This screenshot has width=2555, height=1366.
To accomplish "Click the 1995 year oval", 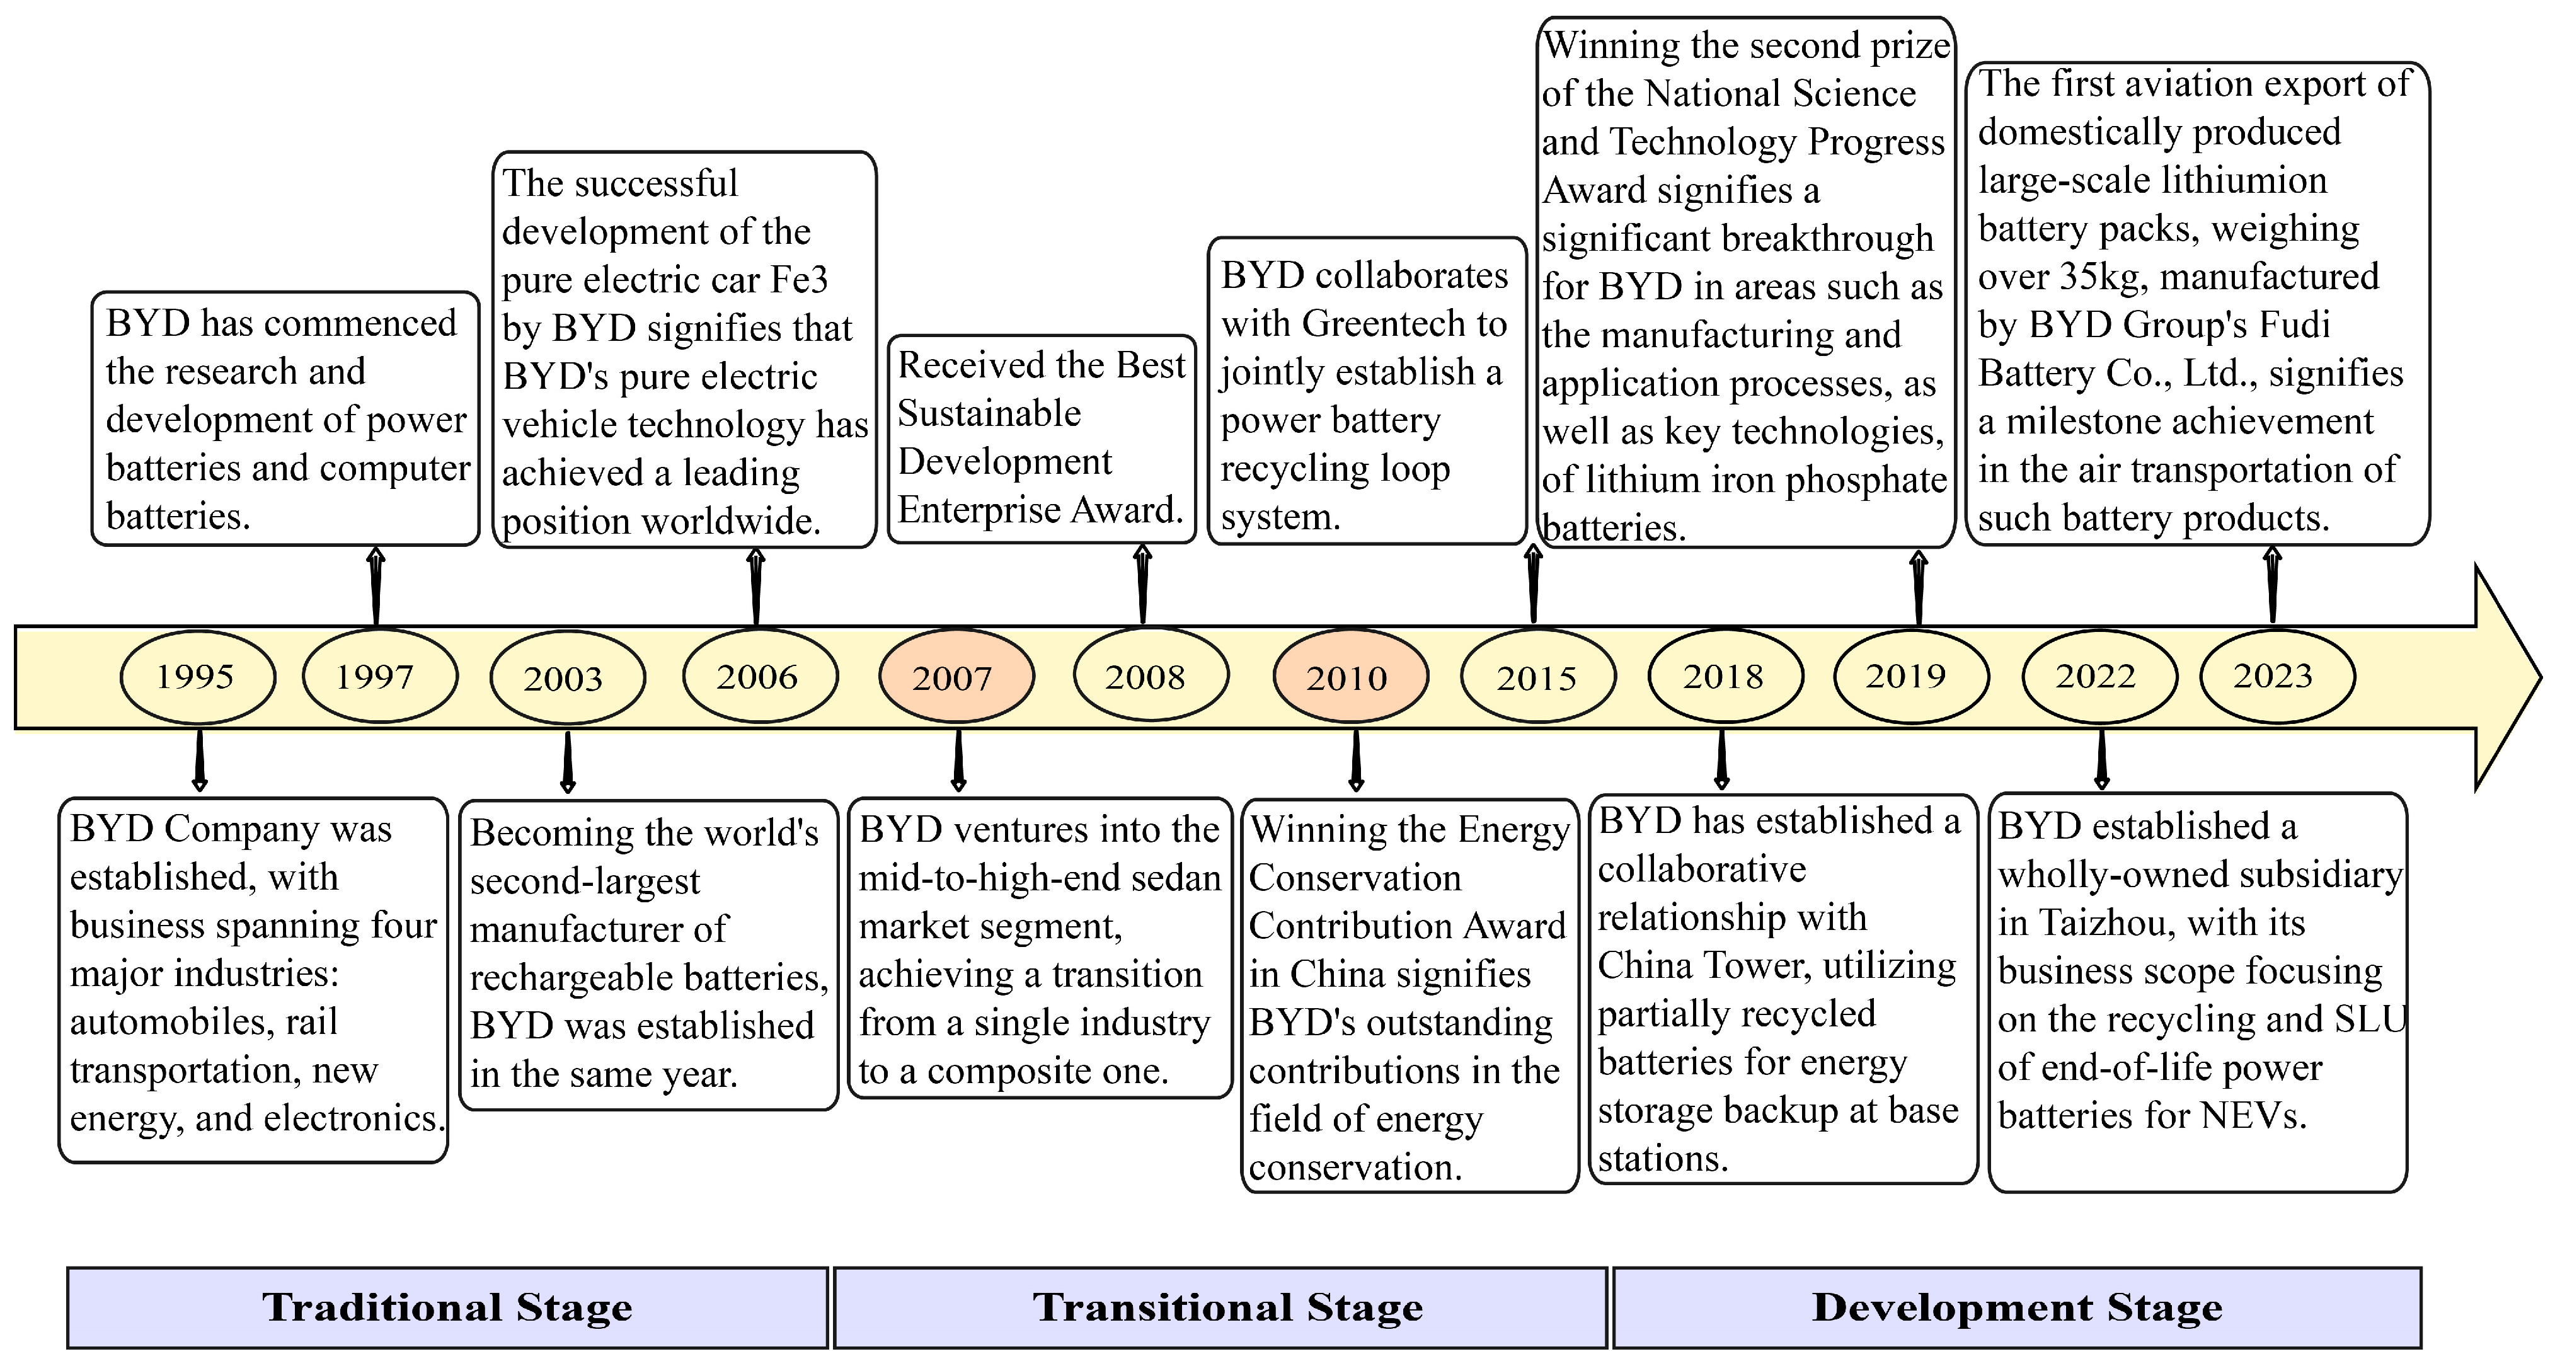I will (197, 677).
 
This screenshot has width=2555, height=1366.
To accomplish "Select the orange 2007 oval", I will (956, 677).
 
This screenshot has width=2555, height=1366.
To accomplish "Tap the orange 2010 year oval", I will (1350, 677).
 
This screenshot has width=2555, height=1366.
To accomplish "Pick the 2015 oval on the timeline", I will (1537, 677).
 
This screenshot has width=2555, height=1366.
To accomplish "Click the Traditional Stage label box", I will (447, 1307).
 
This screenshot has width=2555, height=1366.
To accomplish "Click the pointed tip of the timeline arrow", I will (2539, 677).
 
